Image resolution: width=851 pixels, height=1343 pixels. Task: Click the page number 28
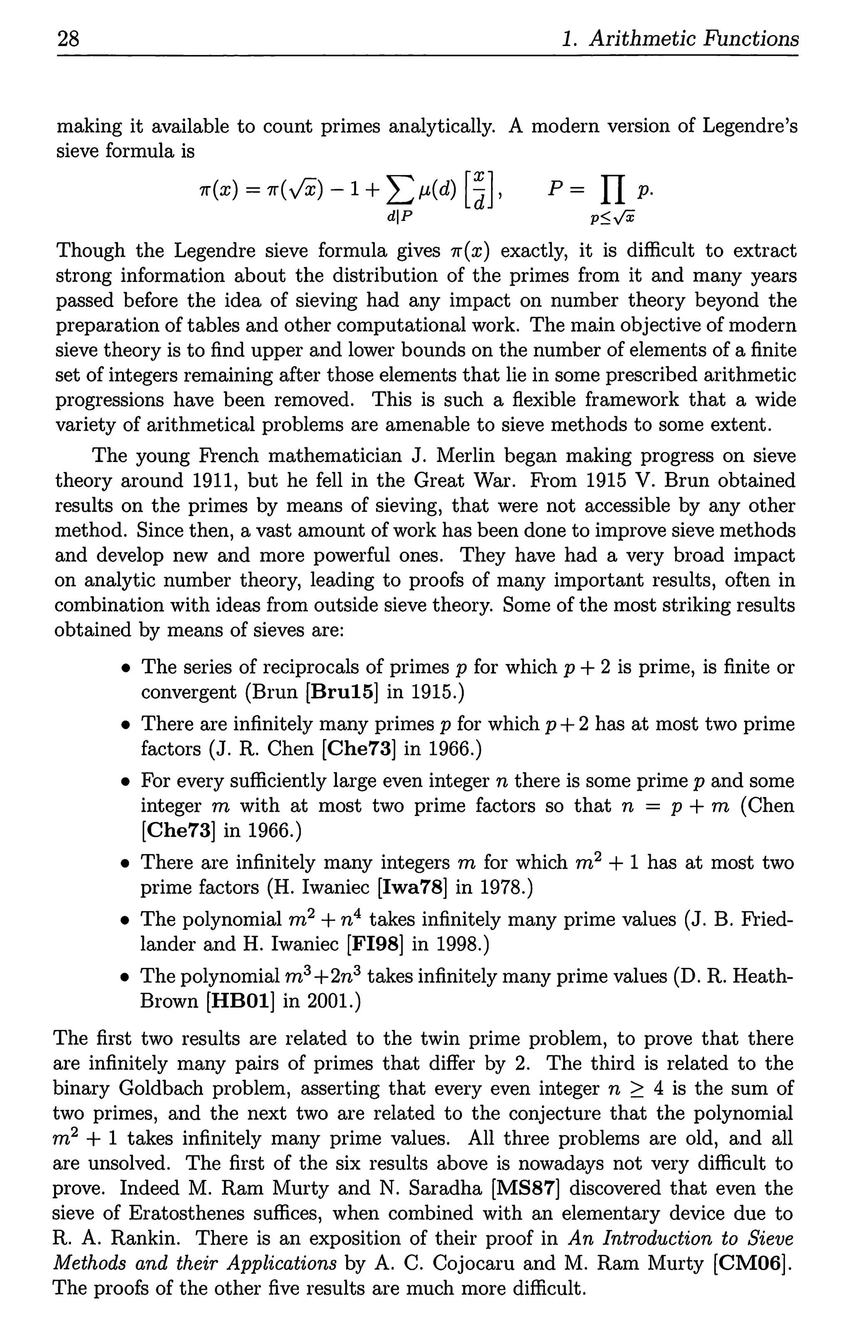point(69,39)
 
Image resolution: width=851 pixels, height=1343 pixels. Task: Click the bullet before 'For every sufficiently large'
point(126,782)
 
